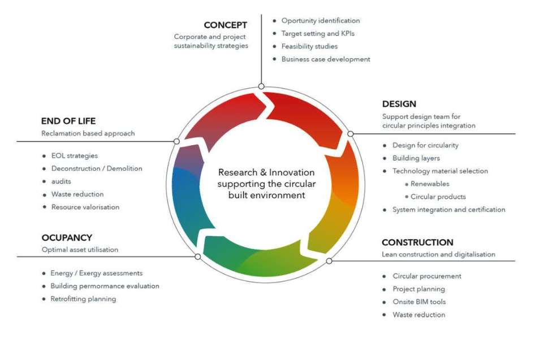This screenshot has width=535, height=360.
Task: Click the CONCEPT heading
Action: (x=225, y=25)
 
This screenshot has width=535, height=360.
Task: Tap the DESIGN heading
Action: (x=399, y=104)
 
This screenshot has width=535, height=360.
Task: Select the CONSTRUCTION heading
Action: (x=417, y=242)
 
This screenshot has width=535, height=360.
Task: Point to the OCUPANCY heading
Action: (x=66, y=238)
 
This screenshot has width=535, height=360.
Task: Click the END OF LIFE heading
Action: (x=68, y=121)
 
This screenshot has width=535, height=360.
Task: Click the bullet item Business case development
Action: (x=326, y=59)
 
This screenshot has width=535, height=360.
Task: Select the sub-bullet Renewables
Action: (x=430, y=184)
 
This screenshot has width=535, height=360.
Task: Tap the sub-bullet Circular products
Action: (x=438, y=197)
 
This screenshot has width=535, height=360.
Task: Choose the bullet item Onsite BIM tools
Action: (x=419, y=302)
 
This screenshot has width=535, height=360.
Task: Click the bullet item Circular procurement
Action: (x=427, y=276)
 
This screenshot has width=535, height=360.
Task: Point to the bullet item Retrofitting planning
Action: (x=83, y=299)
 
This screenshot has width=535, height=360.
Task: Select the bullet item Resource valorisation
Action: (x=85, y=207)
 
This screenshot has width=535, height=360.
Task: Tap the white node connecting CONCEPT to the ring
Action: (x=261, y=86)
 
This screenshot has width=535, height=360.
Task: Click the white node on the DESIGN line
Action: (x=350, y=134)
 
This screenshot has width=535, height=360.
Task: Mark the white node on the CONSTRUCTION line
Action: (x=329, y=261)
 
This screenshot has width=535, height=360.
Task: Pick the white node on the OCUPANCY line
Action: (x=197, y=257)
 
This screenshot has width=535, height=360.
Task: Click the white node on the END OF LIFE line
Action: (x=177, y=141)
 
